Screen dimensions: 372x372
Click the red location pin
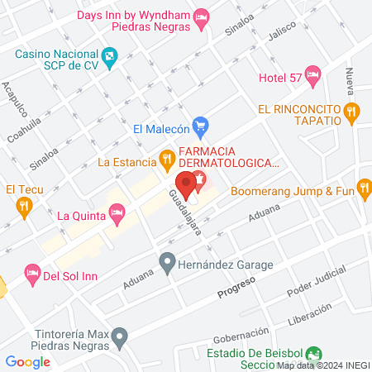click(x=187, y=187)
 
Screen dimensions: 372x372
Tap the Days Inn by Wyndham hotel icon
click(x=200, y=17)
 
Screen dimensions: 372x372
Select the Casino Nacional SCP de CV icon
click(x=110, y=55)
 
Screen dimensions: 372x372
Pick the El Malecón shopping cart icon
click(x=199, y=127)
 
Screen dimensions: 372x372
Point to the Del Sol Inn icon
click(x=32, y=272)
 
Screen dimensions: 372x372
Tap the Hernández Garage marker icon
click(x=167, y=265)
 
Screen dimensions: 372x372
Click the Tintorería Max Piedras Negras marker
click(x=121, y=336)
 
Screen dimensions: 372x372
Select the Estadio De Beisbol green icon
click(x=312, y=353)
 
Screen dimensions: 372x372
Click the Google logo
click(x=27, y=361)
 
